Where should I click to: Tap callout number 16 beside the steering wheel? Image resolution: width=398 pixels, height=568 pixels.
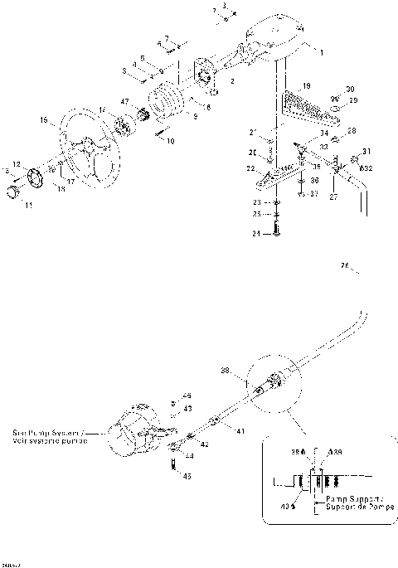point(42,121)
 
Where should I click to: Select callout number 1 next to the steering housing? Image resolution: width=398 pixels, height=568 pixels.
point(322,51)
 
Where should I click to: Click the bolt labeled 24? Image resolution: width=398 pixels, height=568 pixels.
point(276,235)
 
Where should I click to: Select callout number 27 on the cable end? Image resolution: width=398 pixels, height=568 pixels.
point(333,198)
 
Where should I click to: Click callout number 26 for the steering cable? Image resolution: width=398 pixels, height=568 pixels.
point(344,266)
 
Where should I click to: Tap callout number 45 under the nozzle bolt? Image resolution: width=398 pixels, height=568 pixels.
point(187,476)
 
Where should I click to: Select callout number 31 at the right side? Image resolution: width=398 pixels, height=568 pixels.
point(367,151)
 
